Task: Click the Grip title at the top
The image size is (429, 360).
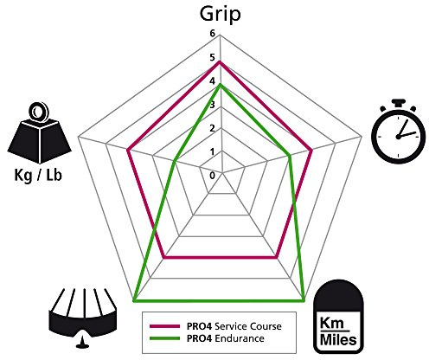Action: tap(220, 15)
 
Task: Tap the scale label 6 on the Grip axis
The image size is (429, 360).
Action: tap(213, 34)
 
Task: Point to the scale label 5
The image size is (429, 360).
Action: tap(213, 57)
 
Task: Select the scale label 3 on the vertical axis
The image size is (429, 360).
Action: tap(213, 105)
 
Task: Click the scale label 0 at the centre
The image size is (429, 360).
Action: tap(213, 176)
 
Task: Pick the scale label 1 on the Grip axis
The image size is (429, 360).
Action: tap(213, 151)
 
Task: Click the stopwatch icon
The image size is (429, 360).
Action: tap(399, 132)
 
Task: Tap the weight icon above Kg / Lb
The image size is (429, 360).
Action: tap(39, 133)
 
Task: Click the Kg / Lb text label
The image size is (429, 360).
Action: tap(38, 176)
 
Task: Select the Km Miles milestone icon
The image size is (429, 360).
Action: tap(339, 317)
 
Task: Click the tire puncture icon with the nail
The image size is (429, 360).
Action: tap(83, 318)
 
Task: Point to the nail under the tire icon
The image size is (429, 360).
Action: tap(83, 341)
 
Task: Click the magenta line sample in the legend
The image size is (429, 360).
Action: tap(164, 326)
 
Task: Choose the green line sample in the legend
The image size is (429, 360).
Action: tap(164, 338)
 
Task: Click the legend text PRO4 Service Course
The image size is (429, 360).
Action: tap(234, 326)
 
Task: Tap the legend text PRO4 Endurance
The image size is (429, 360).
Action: tap(226, 338)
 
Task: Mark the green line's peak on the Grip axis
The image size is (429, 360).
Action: tap(221, 84)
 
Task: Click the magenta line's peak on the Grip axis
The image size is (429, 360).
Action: tap(221, 61)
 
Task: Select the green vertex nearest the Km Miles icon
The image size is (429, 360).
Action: tap(304, 301)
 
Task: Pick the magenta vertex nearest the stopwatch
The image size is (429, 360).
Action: tap(311, 150)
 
